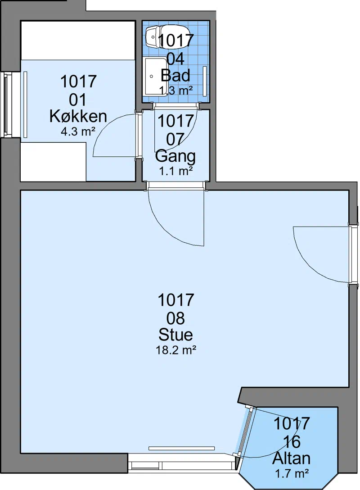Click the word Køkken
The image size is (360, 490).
point(78,116)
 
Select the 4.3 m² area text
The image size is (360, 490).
point(78,132)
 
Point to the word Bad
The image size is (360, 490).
point(175,75)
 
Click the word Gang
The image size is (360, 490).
point(175,156)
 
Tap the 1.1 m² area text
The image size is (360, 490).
point(175,171)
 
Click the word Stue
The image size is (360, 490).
point(175,335)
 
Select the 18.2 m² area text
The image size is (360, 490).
point(176,350)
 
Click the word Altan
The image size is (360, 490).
point(291,458)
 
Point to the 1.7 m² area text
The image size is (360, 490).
point(292,473)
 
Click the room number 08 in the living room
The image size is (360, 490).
point(175,318)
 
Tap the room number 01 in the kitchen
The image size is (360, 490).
point(78,100)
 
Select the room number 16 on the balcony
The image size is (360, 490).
point(292,442)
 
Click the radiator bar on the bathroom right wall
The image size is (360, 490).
point(205,81)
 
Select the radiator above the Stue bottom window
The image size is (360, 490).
point(182,448)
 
